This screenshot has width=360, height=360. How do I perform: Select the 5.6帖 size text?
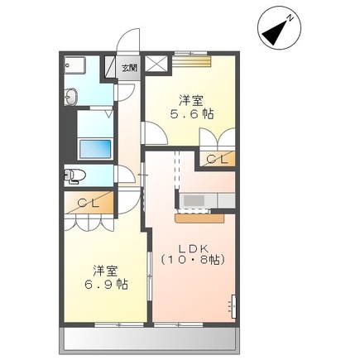185,116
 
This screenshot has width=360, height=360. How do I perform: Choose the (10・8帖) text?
192,259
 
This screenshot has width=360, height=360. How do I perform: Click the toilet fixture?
75,175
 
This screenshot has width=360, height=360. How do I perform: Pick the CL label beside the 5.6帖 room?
217,158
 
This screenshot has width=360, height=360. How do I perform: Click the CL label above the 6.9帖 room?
89,202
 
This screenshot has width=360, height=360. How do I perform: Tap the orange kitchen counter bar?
199,218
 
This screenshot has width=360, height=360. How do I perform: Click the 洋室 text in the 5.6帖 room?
185,101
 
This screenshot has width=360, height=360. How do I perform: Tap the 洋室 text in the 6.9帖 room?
104,270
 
